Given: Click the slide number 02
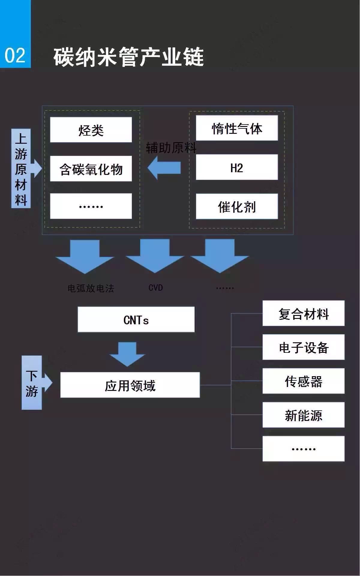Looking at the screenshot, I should pyautogui.click(x=15, y=56).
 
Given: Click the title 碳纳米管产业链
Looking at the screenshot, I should pyautogui.click(x=129, y=57).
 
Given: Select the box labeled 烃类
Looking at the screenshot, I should pyautogui.click(x=91, y=130).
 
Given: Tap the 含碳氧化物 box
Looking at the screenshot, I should pyautogui.click(x=91, y=169).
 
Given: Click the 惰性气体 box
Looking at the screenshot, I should pyautogui.click(x=237, y=128).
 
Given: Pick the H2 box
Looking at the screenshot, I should pyautogui.click(x=237, y=167).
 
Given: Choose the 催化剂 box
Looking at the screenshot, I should pyautogui.click(x=237, y=206).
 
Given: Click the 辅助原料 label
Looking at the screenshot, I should pyautogui.click(x=171, y=148).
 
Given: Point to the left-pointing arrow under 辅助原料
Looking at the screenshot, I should pyautogui.click(x=164, y=168).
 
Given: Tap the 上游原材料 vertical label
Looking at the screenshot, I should pyautogui.click(x=21, y=169).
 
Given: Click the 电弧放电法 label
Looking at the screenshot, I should pyautogui.click(x=91, y=288).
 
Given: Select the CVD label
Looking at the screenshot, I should pyautogui.click(x=156, y=288).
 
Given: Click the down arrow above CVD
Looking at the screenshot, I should pyautogui.click(x=155, y=255).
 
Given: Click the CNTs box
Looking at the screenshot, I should pyautogui.click(x=136, y=319).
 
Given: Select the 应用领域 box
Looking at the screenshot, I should pyautogui.click(x=130, y=385).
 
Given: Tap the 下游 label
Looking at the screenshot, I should pyautogui.click(x=31, y=383).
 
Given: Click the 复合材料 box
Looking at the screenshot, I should pyautogui.click(x=303, y=313).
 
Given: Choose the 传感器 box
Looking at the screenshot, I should pyautogui.click(x=303, y=381).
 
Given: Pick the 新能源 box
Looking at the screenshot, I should pyautogui.click(x=303, y=415).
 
